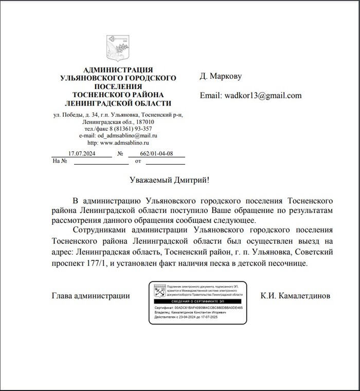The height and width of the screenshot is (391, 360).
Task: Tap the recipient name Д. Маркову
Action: coord(220,76)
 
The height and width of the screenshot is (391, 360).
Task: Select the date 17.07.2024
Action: coord(82,153)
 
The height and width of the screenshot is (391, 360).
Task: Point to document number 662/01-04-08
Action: coord(156,153)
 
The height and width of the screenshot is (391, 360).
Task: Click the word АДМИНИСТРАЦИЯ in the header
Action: coord(118,70)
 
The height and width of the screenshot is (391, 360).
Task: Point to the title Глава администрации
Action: coord(91,296)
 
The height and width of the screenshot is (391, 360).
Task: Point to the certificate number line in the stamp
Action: coord(198,307)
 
